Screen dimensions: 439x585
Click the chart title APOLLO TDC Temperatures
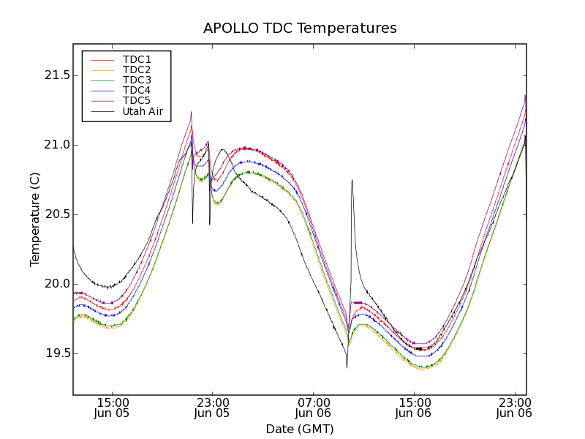click(x=300, y=29)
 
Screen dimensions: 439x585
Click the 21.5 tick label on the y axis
click(x=56, y=75)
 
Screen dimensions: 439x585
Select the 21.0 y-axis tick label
click(x=56, y=145)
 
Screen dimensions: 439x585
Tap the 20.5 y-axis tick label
click(x=56, y=214)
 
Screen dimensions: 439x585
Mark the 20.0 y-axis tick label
click(x=56, y=284)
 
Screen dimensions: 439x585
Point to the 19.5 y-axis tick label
click(x=56, y=353)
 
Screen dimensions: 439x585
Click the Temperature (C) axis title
click(x=35, y=219)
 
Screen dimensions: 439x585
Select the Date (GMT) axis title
click(x=300, y=429)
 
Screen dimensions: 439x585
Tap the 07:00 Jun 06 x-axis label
click(x=314, y=408)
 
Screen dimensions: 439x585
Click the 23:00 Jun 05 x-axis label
click(x=213, y=408)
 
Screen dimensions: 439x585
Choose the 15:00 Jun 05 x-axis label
click(x=113, y=408)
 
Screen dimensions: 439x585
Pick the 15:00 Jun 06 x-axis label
click(x=415, y=408)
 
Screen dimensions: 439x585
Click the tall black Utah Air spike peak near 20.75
click(x=352, y=180)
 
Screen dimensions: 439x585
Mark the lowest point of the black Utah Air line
click(x=347, y=367)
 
